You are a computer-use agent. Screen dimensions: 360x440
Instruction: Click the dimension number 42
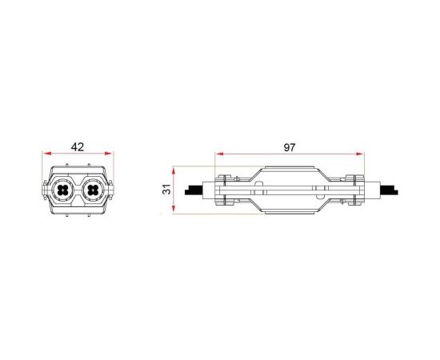pyautogui.click(x=78, y=147)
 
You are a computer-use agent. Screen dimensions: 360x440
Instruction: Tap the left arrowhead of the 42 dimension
pyautogui.click(x=46, y=155)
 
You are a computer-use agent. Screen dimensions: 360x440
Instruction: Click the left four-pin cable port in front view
pyautogui.click(x=63, y=191)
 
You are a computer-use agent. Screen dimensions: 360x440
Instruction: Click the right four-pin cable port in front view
pyautogui.click(x=92, y=191)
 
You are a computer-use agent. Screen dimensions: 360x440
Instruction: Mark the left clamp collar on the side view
pyautogui.click(x=225, y=190)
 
